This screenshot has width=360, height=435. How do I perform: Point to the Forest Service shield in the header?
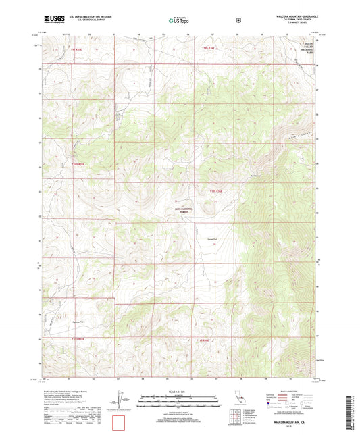point(238,20)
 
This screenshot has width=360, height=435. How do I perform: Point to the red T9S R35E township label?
point(70,49)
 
